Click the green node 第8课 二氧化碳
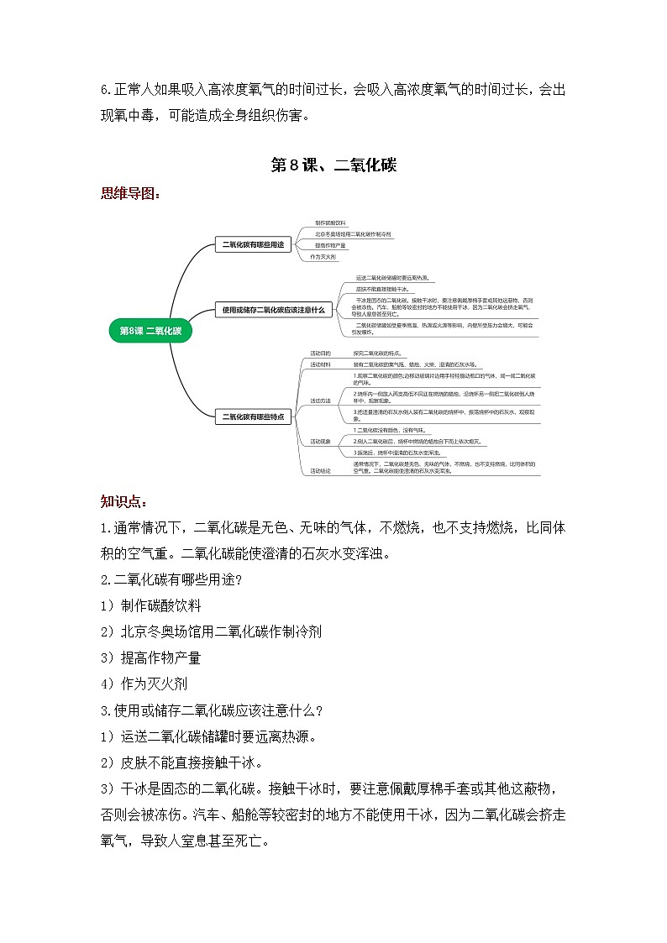pos(150,331)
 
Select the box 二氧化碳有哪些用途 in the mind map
pos(251,245)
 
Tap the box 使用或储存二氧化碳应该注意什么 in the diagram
pos(274,309)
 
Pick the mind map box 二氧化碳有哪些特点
pos(252,416)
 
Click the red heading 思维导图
pos(130,193)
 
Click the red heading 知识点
pos(123,502)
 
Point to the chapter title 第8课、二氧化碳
pos(333,165)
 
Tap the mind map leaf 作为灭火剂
pos(323,256)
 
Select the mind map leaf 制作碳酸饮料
pos(330,223)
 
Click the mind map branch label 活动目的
pos(320,354)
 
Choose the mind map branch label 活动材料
pos(320,364)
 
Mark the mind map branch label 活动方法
pos(320,401)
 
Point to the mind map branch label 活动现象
pos(320,441)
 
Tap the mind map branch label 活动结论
pos(320,471)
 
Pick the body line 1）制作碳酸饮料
pos(150,605)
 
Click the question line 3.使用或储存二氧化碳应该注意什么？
pos(212,710)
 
